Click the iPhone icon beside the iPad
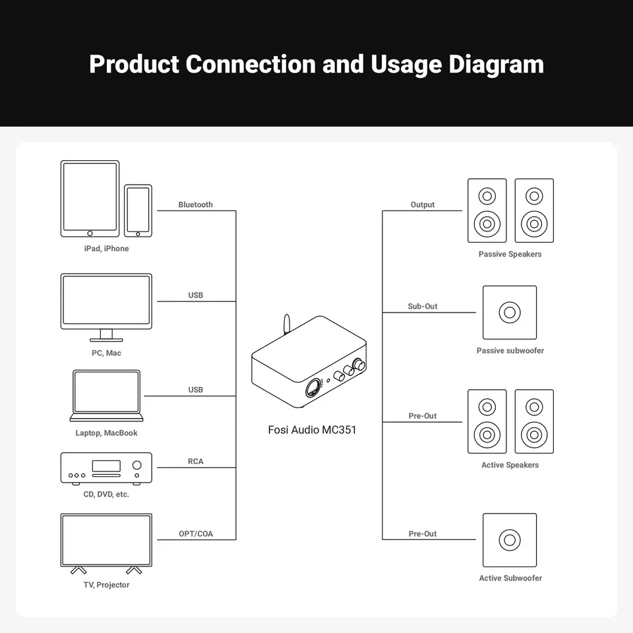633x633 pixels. pos(138,210)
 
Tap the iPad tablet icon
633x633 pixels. pos(90,198)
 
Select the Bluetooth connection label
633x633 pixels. pos(196,205)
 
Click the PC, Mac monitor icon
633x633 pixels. pos(106,303)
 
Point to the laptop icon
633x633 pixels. pos(107,396)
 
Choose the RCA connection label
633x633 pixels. pos(196,462)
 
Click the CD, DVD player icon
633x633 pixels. pos(106,467)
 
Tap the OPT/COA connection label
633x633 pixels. pos(196,534)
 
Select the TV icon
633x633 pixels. pos(106,541)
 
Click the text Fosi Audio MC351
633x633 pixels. pos(313,431)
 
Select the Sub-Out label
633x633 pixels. pos(423,307)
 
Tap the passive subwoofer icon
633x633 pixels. pos(510,313)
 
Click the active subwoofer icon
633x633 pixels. pos(510,540)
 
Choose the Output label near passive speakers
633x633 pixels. pos(423,205)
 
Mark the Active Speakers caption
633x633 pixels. pos(510,466)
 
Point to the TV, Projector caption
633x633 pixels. pos(106,586)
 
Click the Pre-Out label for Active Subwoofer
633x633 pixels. pos(423,534)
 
